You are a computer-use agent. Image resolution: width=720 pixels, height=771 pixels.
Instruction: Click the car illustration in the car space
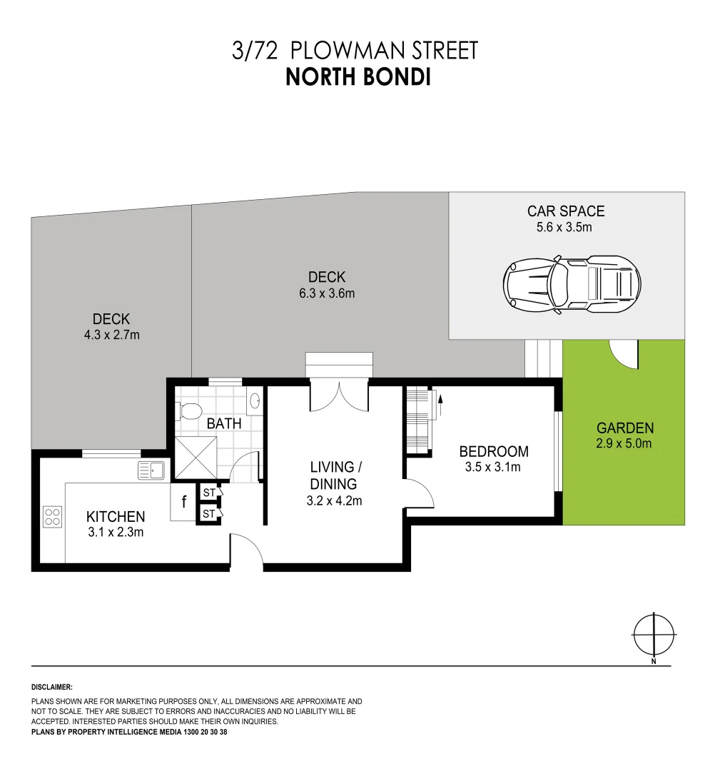pyautogui.click(x=572, y=284)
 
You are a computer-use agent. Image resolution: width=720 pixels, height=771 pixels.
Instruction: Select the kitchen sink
pyautogui.click(x=151, y=470)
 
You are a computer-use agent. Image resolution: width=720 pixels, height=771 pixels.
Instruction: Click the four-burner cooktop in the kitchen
pyautogui.click(x=53, y=517)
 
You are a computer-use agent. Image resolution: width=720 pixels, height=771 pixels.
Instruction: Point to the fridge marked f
pyautogui.click(x=183, y=502)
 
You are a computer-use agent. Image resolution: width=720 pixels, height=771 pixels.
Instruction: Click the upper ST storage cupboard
pyautogui.click(x=210, y=492)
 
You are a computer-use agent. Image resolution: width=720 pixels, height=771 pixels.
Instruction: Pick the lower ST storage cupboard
pyautogui.click(x=210, y=514)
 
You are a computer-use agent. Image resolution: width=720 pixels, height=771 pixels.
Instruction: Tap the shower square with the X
pyautogui.click(x=196, y=458)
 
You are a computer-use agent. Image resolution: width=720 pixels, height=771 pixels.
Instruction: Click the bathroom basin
pyautogui.click(x=255, y=401)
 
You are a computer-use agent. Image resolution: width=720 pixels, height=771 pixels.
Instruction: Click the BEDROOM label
pyautogui.click(x=493, y=451)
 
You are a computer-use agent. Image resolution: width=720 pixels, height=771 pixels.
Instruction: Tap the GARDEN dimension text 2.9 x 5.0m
pyautogui.click(x=624, y=443)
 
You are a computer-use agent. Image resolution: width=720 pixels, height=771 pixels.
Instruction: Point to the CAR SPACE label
pyautogui.click(x=566, y=211)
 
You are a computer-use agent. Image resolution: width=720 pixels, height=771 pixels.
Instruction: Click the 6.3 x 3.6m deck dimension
pyautogui.click(x=327, y=293)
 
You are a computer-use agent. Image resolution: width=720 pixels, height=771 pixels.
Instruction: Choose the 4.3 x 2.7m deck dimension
pyautogui.click(x=111, y=336)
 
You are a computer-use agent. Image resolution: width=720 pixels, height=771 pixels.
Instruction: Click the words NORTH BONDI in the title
pyautogui.click(x=358, y=77)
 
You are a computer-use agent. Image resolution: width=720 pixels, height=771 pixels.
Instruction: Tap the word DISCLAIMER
pyautogui.click(x=51, y=687)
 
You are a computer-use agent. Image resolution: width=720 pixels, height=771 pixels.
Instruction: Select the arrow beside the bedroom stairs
pyautogui.click(x=440, y=405)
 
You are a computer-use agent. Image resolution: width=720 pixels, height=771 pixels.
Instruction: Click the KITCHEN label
pyautogui.click(x=116, y=517)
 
